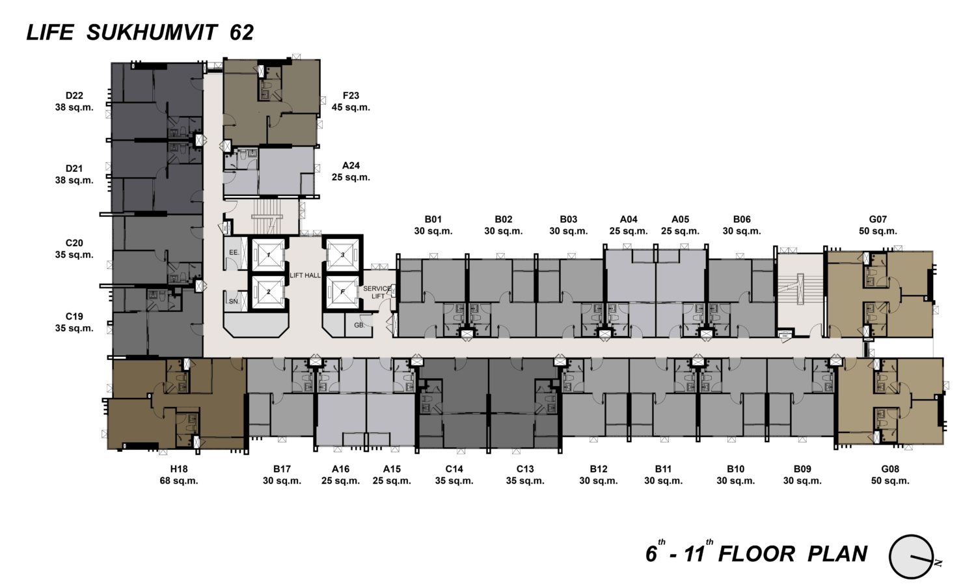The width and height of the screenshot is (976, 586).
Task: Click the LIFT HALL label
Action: (x=305, y=275)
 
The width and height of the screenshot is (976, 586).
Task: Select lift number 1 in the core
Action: (x=268, y=255)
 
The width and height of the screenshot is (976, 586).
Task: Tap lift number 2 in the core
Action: (x=268, y=292)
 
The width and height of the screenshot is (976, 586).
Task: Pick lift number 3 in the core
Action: (x=343, y=255)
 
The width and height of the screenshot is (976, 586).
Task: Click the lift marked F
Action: (x=343, y=292)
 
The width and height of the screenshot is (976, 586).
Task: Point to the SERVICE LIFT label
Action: (x=377, y=292)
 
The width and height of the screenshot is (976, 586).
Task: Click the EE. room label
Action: (x=234, y=253)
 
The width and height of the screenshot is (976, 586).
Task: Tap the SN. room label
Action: (x=234, y=301)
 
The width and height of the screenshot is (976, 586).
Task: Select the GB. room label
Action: (x=359, y=325)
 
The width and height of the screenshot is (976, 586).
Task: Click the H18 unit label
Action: (x=179, y=469)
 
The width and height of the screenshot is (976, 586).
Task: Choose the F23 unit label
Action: (x=351, y=96)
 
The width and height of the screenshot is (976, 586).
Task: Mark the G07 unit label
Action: (x=878, y=219)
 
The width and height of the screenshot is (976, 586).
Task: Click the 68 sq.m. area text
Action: (x=179, y=481)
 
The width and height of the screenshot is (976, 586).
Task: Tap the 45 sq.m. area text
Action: (x=351, y=107)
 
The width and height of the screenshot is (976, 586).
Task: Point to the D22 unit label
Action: (x=74, y=96)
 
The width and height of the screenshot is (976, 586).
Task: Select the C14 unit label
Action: (x=454, y=469)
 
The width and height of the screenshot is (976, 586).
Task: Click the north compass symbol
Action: (x=912, y=557)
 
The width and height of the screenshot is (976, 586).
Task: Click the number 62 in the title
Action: (x=241, y=33)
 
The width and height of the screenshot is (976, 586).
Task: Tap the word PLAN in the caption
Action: (x=837, y=554)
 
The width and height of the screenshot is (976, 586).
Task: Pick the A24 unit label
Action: (x=351, y=165)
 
